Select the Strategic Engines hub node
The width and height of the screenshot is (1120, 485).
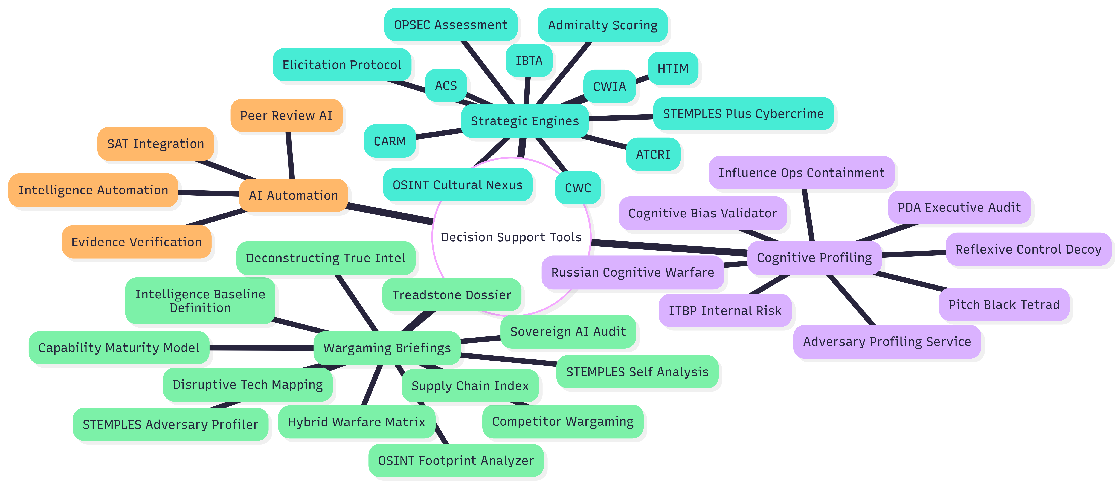pyautogui.click(x=525, y=121)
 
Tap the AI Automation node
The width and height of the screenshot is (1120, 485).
pyautogui.click(x=294, y=196)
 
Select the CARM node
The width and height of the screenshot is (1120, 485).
pyautogui.click(x=390, y=141)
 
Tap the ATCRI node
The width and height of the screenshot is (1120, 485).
pyautogui.click(x=653, y=154)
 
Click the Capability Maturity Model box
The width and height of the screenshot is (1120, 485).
pyautogui.click(x=119, y=348)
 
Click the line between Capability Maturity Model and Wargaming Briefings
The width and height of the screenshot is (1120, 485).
pyautogui.click(x=261, y=348)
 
